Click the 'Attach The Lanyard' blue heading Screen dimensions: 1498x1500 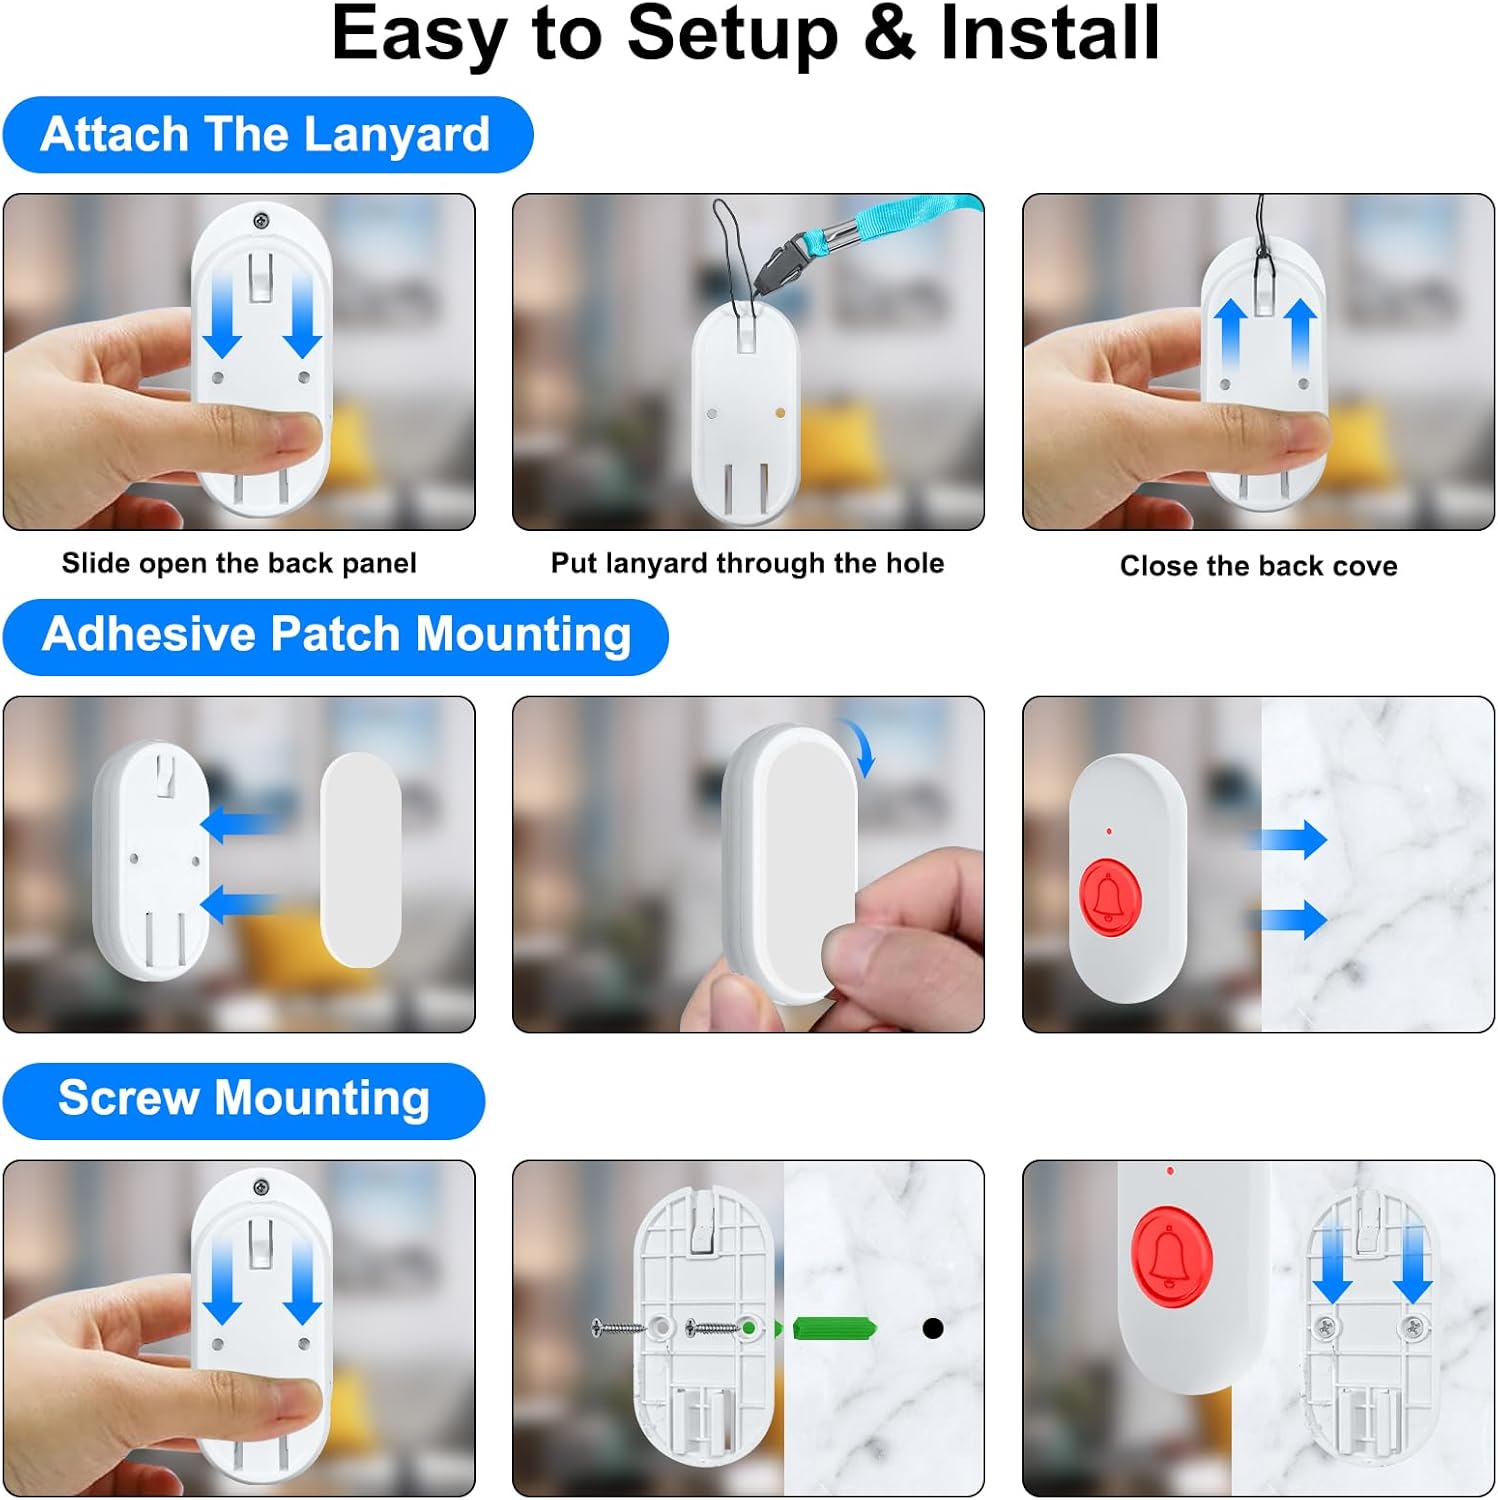click(266, 134)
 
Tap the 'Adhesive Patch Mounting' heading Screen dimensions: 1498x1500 click(336, 636)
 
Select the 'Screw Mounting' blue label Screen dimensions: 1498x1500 click(244, 1100)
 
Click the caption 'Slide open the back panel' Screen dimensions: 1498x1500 click(239, 563)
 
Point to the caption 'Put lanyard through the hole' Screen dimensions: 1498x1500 click(747, 563)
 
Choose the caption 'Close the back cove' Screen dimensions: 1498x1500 click(1258, 566)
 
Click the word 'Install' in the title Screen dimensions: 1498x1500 click(1050, 33)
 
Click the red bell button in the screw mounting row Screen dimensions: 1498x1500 click(1172, 1256)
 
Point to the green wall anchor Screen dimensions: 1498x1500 click(835, 1328)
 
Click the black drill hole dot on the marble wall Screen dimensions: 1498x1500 click(933, 1328)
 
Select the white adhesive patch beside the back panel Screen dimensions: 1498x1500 click(361, 860)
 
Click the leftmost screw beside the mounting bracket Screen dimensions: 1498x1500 click(617, 1328)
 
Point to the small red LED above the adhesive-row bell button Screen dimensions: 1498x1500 click(1109, 831)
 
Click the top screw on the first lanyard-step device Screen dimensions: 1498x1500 click(261, 220)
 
